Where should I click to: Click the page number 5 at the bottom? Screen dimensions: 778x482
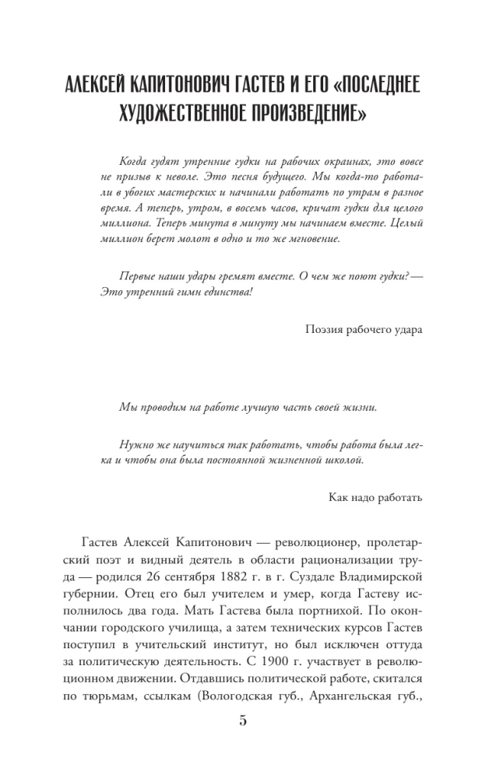[x=242, y=720]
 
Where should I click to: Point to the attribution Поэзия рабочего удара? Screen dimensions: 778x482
[x=365, y=329]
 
